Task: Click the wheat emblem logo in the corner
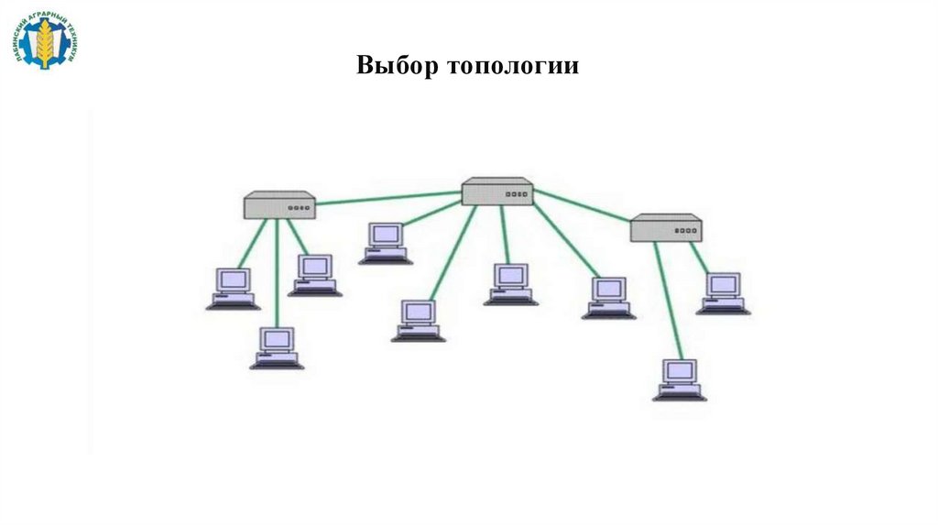point(45,40)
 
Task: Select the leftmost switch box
point(279,205)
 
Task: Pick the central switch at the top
point(497,192)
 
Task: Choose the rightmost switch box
point(666,228)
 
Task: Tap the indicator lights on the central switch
point(518,194)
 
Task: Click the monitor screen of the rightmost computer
point(723,284)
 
